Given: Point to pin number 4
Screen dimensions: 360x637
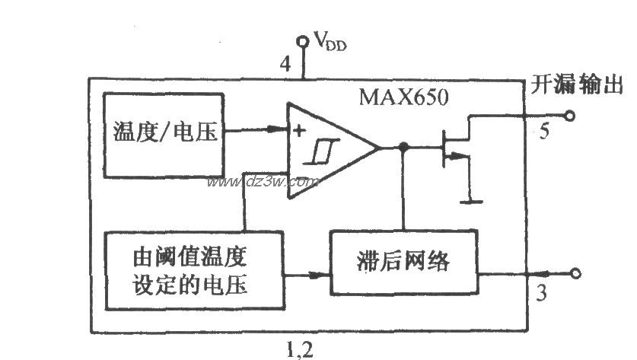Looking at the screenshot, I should tap(285, 65).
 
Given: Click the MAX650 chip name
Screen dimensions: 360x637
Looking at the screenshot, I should tap(403, 98).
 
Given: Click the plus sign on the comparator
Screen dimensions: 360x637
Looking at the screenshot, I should tap(300, 130).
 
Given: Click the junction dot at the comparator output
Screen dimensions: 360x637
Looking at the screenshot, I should tap(404, 147).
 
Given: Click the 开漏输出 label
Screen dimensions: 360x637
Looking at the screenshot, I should tap(577, 84).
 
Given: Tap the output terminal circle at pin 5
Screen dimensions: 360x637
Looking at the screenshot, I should tap(568, 116).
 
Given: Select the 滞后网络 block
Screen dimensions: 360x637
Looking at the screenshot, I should tap(403, 263).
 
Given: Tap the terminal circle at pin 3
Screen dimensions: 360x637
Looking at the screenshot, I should tap(576, 273).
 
